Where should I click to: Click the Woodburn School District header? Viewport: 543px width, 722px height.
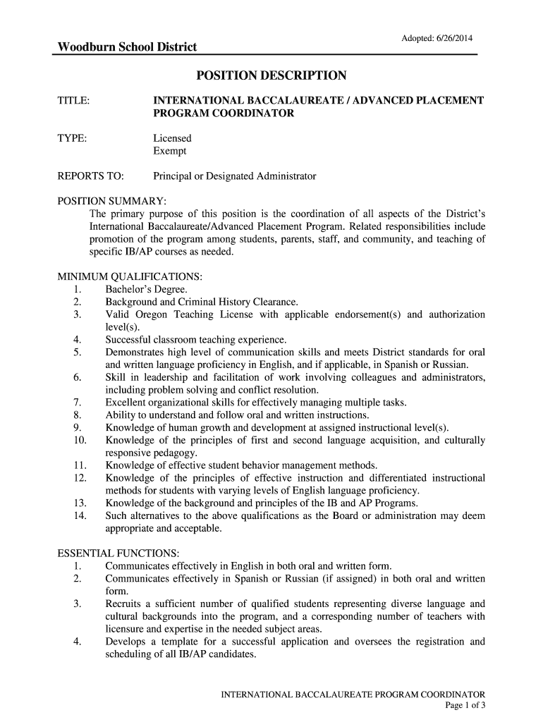tap(127, 47)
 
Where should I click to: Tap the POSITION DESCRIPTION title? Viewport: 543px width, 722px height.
tap(271, 75)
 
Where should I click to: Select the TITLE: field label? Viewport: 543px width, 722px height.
tap(73, 101)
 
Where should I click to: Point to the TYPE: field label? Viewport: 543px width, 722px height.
tap(72, 138)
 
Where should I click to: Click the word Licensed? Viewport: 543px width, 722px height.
tap(172, 138)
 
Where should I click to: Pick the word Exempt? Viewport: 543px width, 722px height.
tap(170, 151)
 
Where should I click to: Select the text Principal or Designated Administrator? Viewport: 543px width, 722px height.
tap(235, 176)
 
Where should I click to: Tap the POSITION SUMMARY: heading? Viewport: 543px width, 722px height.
tap(111, 201)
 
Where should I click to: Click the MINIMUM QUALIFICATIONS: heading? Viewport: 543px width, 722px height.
tap(130, 276)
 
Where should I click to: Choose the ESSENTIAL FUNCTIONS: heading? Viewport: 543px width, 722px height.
tap(118, 553)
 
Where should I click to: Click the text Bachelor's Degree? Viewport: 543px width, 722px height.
tap(146, 289)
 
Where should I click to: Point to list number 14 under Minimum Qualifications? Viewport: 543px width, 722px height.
tap(79, 515)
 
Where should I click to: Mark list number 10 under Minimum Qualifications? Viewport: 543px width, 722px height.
tap(79, 440)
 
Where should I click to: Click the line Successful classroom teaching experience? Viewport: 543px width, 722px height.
tap(196, 339)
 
